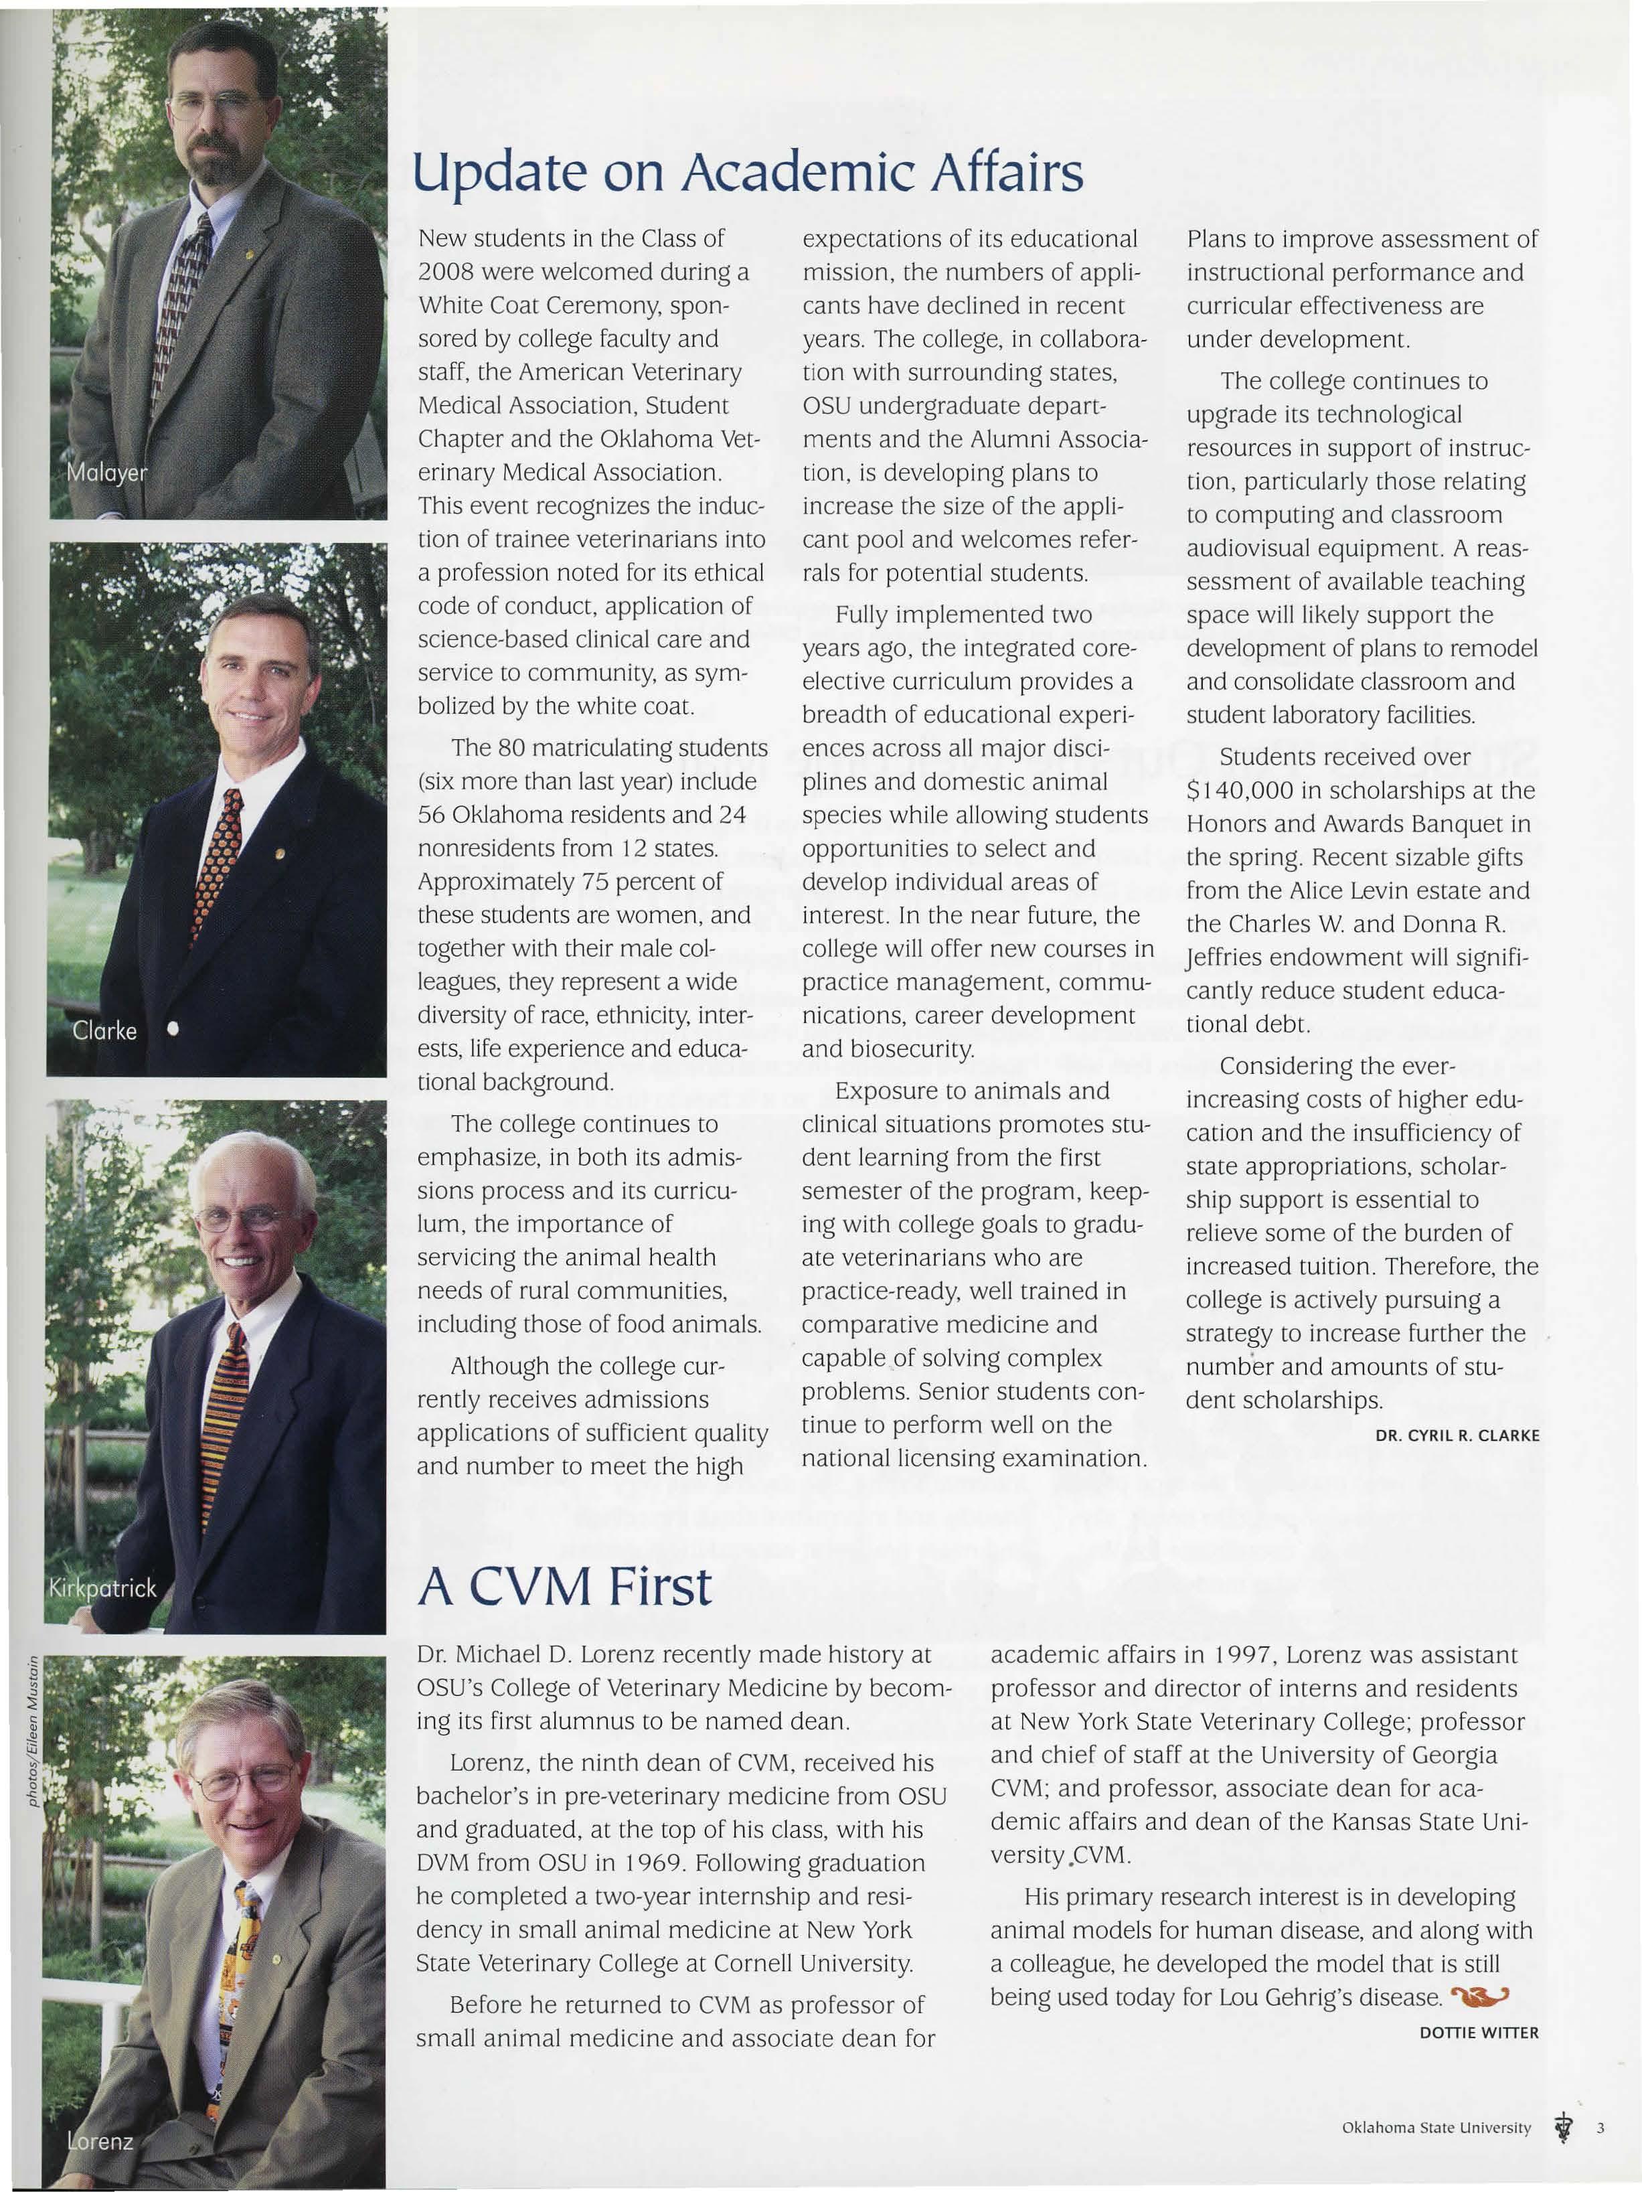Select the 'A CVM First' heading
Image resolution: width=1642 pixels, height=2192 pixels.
coord(564,1587)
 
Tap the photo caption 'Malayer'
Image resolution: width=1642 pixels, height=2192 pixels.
coord(106,473)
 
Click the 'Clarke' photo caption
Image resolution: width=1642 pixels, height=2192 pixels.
coord(104,1030)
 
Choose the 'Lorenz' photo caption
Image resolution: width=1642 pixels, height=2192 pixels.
coord(99,2140)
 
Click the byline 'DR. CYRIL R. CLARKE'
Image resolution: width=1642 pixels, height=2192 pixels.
coord(1457,1435)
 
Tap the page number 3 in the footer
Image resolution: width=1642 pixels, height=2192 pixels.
coord(1600,2128)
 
